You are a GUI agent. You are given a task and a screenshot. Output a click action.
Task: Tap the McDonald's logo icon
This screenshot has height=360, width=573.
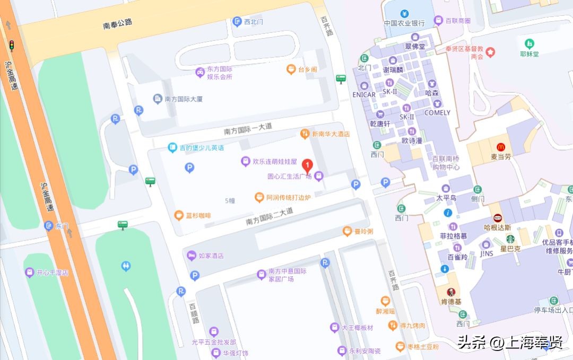point(500,147)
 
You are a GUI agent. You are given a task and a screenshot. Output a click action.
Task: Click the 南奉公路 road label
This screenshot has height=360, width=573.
point(117,23)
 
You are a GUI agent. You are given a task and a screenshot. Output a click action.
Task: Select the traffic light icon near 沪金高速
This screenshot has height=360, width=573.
point(11,46)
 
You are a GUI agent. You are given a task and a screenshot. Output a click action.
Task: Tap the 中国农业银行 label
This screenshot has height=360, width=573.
point(404,23)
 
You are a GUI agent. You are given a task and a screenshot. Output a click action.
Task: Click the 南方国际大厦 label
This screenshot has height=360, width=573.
point(184,99)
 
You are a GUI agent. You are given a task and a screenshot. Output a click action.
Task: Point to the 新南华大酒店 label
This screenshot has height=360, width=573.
point(331,134)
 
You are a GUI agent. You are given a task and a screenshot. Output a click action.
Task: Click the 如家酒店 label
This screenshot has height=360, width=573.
point(211,256)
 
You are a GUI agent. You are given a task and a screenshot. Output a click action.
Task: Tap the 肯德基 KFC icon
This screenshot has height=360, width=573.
point(451,292)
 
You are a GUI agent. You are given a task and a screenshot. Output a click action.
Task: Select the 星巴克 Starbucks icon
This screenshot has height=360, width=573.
point(510,239)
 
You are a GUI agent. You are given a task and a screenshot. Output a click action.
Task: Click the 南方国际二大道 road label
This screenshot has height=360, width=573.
point(269,216)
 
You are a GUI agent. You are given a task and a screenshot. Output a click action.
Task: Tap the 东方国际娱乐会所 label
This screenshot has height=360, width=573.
point(219,73)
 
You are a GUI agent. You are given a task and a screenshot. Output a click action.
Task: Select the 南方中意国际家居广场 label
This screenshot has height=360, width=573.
point(288,275)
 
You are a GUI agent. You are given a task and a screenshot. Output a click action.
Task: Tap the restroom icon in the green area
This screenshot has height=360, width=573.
point(126,266)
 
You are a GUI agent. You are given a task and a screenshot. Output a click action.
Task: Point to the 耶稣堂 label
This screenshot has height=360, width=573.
point(529,54)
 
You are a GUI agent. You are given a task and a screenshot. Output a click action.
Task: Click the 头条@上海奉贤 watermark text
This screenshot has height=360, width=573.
point(510,343)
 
